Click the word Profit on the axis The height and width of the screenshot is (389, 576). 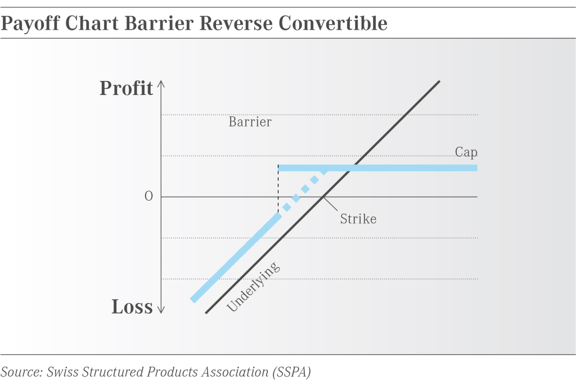click(x=126, y=88)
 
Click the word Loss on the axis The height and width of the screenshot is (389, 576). click(x=132, y=307)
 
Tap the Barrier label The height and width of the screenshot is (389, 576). click(x=250, y=122)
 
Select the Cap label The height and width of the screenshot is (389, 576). click(x=466, y=152)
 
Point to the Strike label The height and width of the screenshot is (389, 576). click(x=358, y=219)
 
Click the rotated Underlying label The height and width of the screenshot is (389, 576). click(x=253, y=287)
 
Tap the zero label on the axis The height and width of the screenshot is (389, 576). click(x=148, y=197)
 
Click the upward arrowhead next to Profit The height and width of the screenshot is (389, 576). click(x=161, y=84)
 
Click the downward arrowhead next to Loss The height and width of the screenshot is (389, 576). click(x=161, y=309)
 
